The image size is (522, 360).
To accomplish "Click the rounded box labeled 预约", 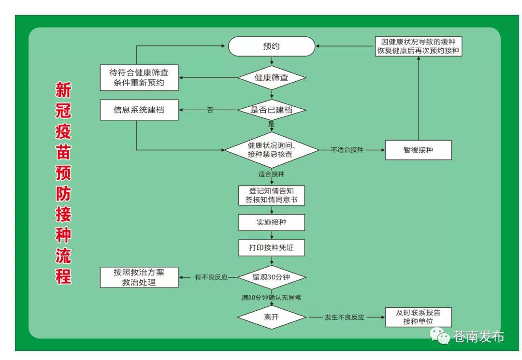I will (x=271, y=47).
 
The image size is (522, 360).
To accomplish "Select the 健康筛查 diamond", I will (x=271, y=78).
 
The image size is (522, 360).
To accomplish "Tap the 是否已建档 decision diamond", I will (x=271, y=110).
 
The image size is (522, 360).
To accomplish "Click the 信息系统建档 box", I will (x=139, y=110).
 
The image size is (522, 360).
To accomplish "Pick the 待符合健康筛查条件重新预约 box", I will (x=139, y=78).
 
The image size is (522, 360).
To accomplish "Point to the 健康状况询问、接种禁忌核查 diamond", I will (x=271, y=150).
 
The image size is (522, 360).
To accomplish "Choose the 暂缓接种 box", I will (x=418, y=150).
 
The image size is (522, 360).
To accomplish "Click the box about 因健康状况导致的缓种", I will (x=418, y=46).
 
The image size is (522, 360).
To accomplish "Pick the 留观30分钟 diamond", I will (x=272, y=277).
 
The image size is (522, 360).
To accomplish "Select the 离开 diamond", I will (x=272, y=317).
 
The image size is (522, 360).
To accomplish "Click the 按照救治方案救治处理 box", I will (x=139, y=277).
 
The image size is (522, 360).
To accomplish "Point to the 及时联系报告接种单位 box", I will (x=418, y=317).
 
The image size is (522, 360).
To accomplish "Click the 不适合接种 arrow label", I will (x=347, y=150).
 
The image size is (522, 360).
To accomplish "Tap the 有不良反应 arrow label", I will (x=211, y=277).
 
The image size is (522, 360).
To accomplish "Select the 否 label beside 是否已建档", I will (x=210, y=110).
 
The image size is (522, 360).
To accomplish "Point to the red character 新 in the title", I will (x=63, y=91).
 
